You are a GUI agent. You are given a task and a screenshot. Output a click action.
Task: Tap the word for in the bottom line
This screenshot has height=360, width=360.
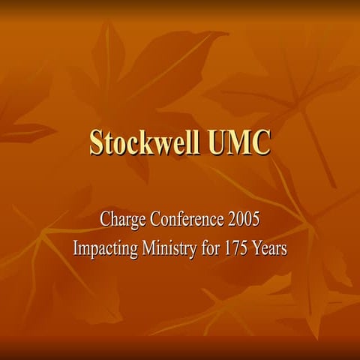tap(212, 248)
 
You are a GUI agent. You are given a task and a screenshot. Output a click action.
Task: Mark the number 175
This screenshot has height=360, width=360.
tap(239, 248)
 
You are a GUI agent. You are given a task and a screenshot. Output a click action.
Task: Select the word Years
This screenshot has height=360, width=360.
tap(271, 248)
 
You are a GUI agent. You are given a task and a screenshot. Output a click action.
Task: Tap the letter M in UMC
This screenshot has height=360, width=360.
tap(239, 142)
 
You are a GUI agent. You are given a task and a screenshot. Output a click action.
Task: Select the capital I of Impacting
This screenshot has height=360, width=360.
tap(75, 248)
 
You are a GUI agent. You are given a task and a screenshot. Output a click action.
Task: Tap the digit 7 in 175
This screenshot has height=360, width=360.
tap(239, 248)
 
